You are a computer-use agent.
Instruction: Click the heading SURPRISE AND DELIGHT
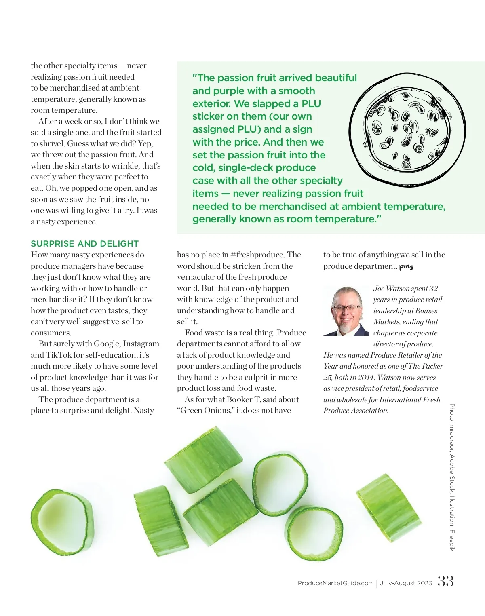[84, 244]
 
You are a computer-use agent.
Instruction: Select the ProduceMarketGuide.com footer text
[335, 583]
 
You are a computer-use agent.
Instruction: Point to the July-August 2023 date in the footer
[406, 583]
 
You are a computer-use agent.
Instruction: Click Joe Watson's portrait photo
[346, 311]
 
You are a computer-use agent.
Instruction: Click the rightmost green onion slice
[388, 508]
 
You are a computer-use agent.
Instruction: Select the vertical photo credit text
[452, 477]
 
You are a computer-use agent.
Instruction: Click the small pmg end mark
[406, 266]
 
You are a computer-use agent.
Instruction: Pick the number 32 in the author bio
[433, 289]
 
